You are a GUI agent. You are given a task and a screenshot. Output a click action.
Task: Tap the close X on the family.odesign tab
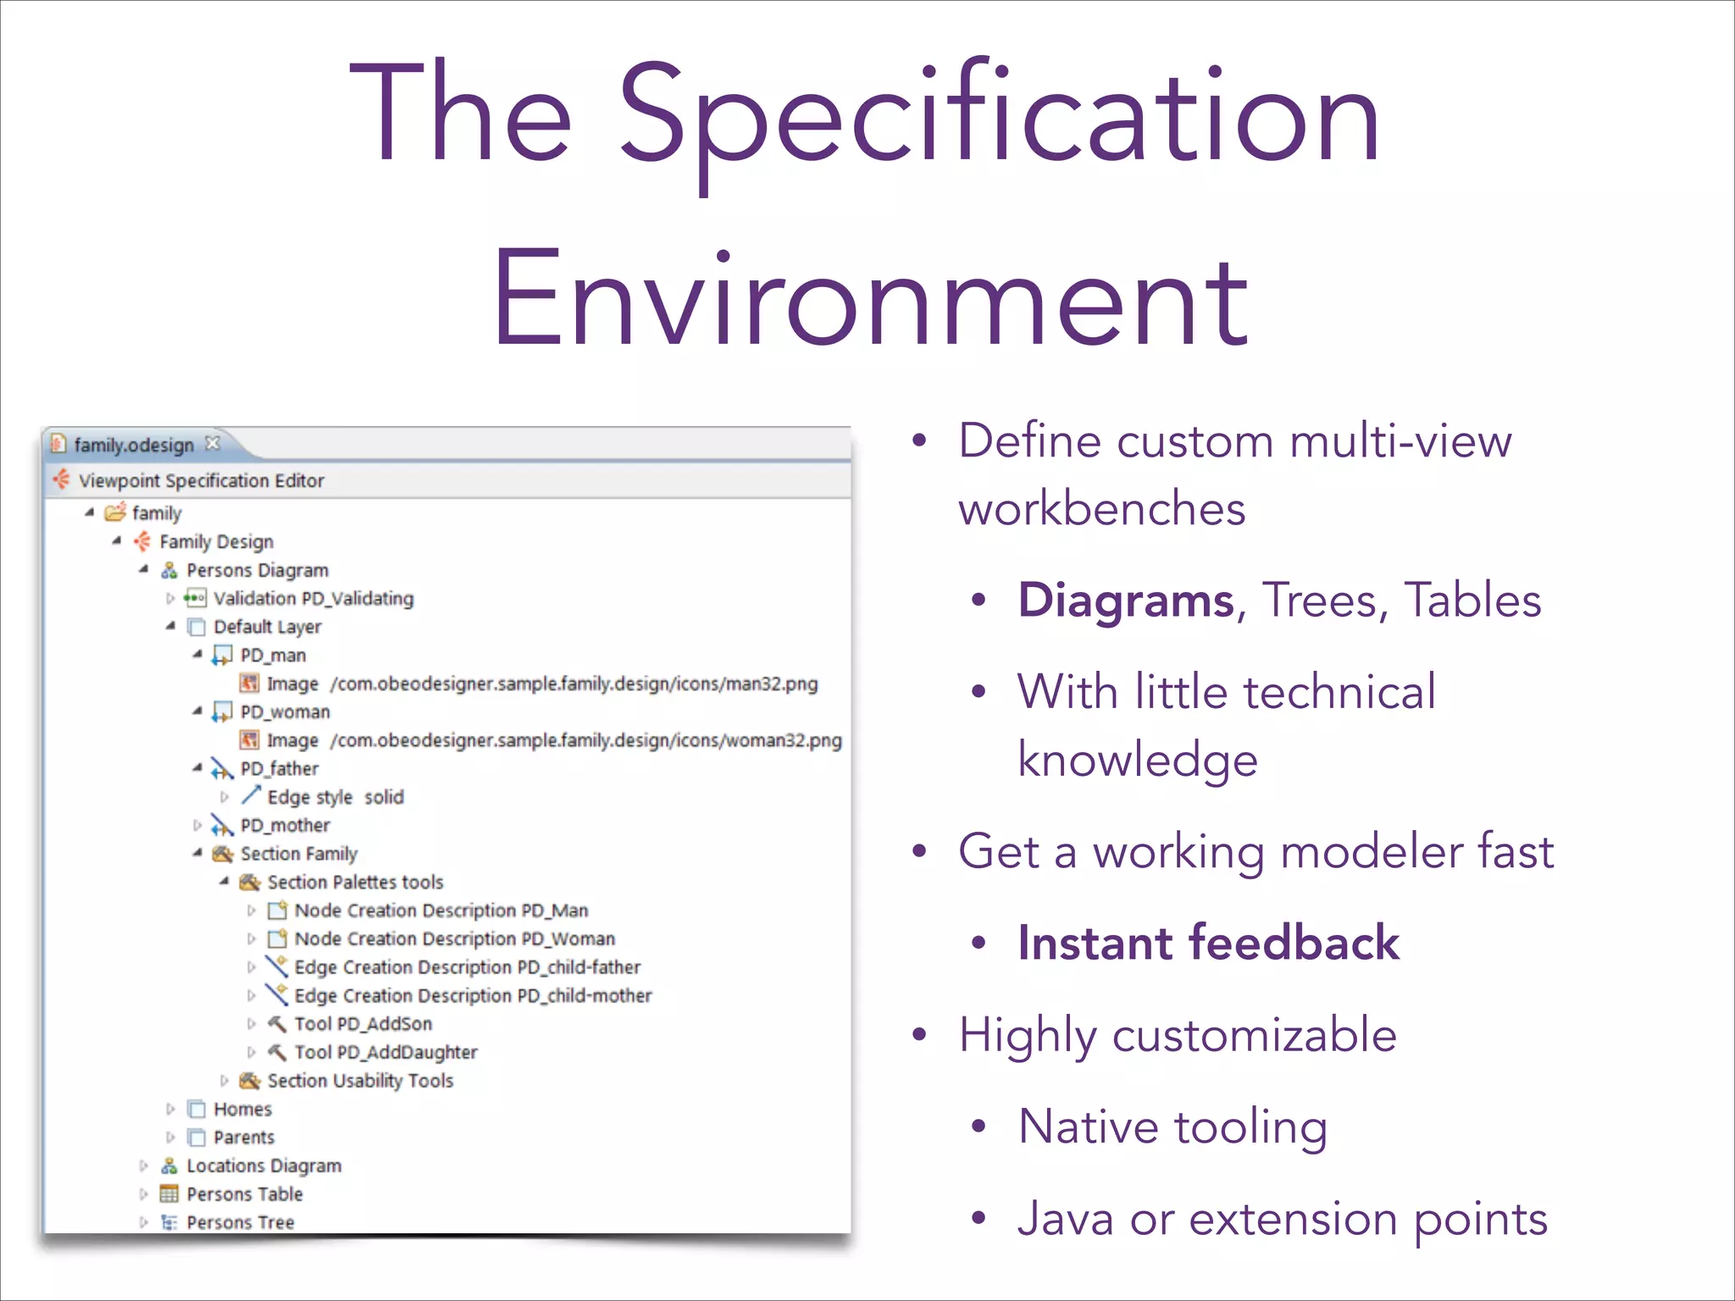click(x=213, y=443)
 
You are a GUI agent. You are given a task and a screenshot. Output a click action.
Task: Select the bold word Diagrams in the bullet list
click(x=1126, y=601)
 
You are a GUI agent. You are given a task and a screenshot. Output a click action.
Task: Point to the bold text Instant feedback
click(x=1208, y=943)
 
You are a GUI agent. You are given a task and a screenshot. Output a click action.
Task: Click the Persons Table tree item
click(x=244, y=1194)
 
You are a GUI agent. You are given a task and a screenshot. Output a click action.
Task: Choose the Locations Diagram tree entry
click(x=263, y=1165)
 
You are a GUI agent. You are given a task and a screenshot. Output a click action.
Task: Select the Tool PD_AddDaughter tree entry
click(x=385, y=1052)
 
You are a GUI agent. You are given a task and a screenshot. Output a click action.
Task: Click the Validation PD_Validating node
click(x=313, y=599)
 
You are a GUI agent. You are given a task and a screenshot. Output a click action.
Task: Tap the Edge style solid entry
click(x=335, y=797)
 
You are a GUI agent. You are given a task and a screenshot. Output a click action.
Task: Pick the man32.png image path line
click(x=574, y=684)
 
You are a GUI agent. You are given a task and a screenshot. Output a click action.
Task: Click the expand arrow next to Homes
click(x=170, y=1109)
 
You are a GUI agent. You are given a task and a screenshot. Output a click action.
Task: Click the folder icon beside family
click(x=115, y=512)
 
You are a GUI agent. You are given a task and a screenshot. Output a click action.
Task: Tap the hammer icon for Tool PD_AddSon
click(x=277, y=1023)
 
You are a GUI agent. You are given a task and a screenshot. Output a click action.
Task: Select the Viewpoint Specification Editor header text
click(x=202, y=480)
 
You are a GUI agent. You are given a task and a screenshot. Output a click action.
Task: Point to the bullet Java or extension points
click(x=1282, y=1219)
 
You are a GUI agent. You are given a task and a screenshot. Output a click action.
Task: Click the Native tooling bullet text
click(x=1172, y=1127)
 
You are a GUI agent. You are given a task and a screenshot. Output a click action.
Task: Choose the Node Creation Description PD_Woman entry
click(x=454, y=938)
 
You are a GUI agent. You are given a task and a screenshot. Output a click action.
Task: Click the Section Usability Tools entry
click(x=360, y=1081)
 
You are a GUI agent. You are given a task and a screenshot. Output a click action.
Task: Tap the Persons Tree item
click(x=240, y=1222)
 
